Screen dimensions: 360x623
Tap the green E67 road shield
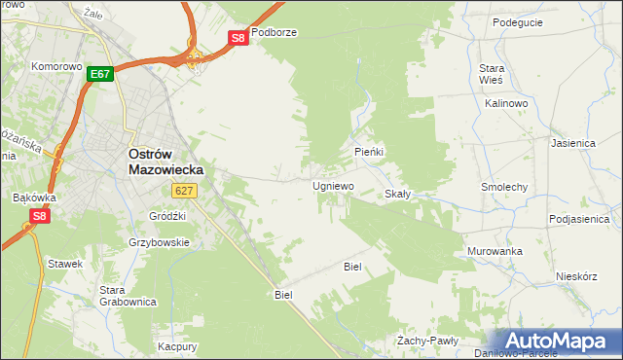pyautogui.click(x=100, y=74)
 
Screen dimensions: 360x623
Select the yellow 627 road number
pyautogui.click(x=187, y=192)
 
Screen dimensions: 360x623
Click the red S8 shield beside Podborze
pyautogui.click(x=238, y=38)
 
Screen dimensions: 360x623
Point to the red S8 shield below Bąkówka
pyautogui.click(x=39, y=216)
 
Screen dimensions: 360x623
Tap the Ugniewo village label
pyautogui.click(x=333, y=185)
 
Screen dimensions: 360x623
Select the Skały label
pyautogui.click(x=398, y=194)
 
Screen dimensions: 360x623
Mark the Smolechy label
pyautogui.click(x=504, y=186)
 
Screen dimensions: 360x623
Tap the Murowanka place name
pyautogui.click(x=495, y=251)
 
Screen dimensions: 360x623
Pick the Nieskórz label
pyautogui.click(x=575, y=275)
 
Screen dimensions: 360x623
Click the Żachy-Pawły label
pyautogui.click(x=427, y=341)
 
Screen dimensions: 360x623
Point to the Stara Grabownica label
pyautogui.click(x=128, y=296)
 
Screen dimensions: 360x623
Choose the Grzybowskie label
pyautogui.click(x=159, y=242)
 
